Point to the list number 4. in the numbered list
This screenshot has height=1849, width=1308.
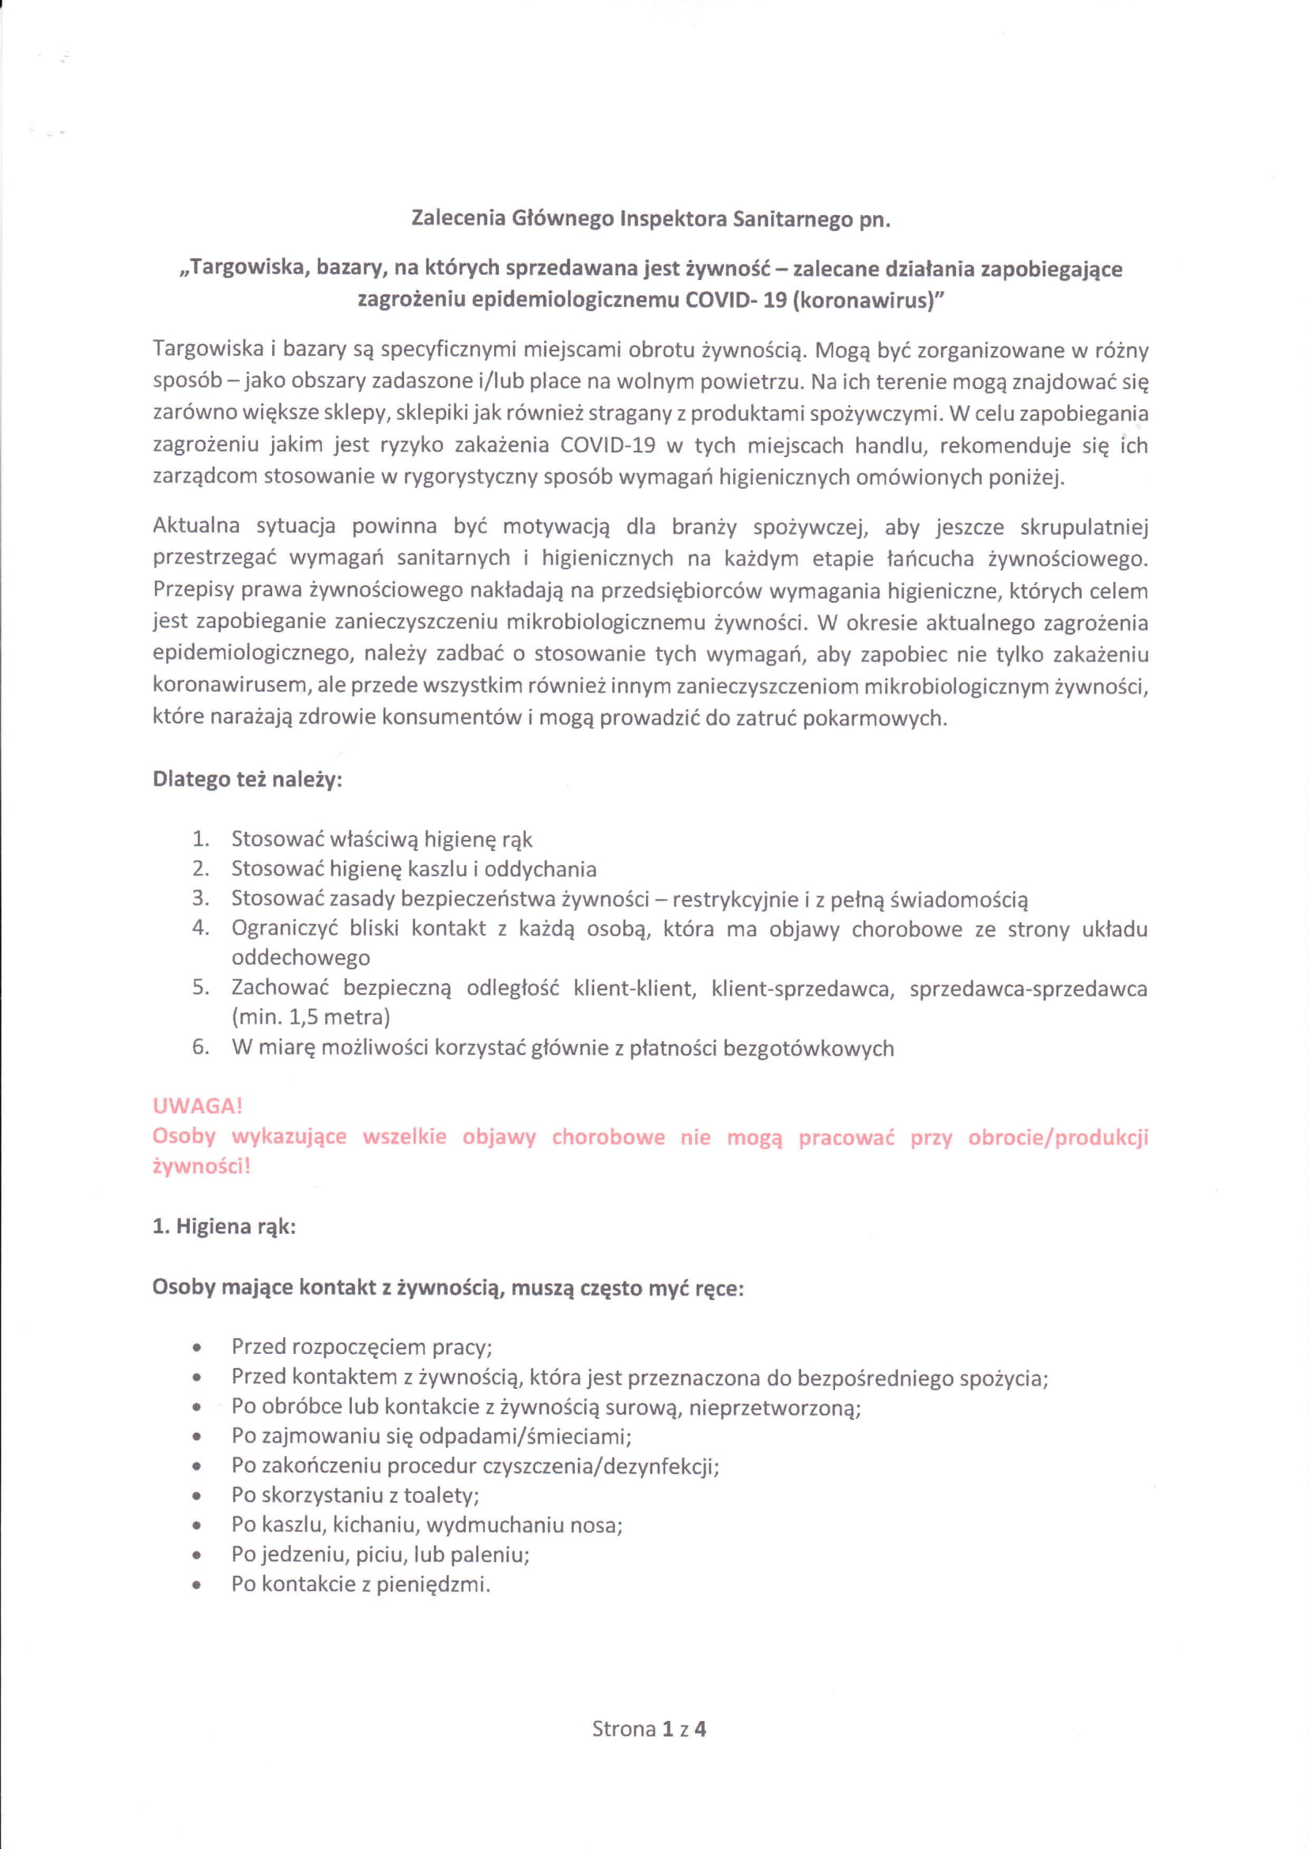pos(201,928)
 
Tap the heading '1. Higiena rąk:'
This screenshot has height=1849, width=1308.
pos(225,1227)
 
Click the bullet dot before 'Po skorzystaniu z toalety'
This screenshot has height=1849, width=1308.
pos(198,1496)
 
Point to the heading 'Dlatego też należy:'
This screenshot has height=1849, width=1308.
pos(248,781)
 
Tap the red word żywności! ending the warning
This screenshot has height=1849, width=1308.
pos(202,1167)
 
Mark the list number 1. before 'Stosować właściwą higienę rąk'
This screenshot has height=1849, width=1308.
pos(201,839)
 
